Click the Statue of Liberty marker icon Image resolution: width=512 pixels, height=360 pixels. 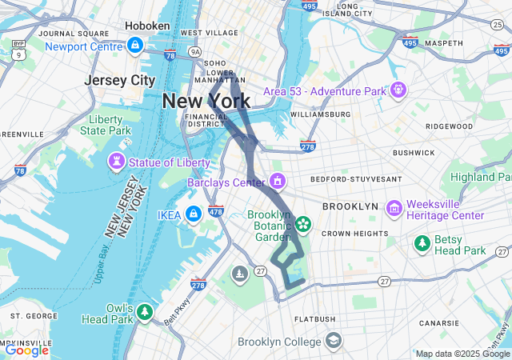[118, 162]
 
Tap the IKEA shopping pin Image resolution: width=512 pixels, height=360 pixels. [193, 214]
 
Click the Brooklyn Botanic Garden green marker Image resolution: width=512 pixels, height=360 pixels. [303, 223]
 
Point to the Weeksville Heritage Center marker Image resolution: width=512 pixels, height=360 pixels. [394, 209]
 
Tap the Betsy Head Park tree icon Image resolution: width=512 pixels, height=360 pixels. [422, 243]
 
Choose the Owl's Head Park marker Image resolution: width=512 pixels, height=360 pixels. [144, 312]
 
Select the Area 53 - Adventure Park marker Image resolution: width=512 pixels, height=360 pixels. [398, 90]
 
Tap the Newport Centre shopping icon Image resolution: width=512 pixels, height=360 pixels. [134, 46]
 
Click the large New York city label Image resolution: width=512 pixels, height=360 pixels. [206, 102]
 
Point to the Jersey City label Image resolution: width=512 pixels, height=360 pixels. [120, 81]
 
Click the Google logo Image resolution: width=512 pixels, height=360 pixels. [26, 350]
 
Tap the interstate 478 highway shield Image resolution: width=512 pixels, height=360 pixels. [215, 211]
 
